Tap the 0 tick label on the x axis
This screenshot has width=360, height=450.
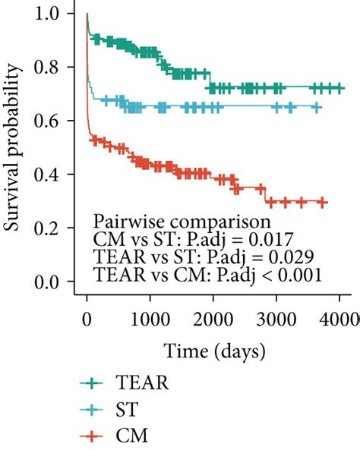click(x=87, y=316)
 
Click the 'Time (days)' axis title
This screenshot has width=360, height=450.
click(x=207, y=351)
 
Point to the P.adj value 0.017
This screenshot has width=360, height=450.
click(x=264, y=239)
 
